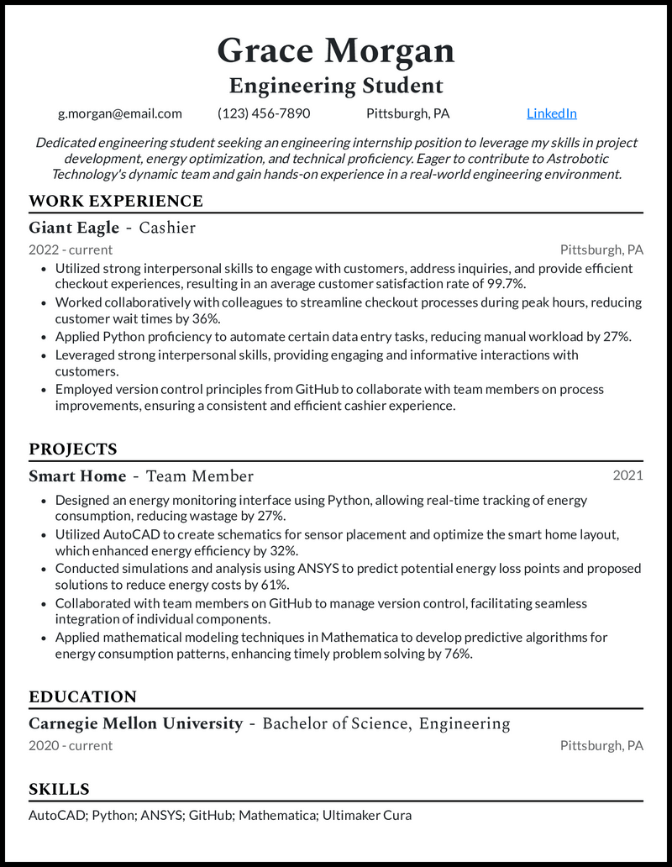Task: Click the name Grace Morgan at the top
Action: [336, 51]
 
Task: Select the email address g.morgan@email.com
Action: [119, 113]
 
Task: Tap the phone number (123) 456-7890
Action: [264, 113]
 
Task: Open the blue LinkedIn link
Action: [551, 113]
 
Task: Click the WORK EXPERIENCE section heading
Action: [116, 201]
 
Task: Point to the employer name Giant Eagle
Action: [74, 228]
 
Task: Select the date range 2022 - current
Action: [71, 250]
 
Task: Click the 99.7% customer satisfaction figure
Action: [507, 285]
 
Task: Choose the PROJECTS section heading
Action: [73, 449]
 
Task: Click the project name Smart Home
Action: [77, 476]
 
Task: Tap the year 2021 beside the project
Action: [627, 476]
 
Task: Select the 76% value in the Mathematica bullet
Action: [455, 654]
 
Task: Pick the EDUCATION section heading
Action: [82, 697]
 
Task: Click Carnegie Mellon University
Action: [135, 723]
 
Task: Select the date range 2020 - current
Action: [71, 745]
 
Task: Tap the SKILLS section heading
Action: [59, 790]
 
